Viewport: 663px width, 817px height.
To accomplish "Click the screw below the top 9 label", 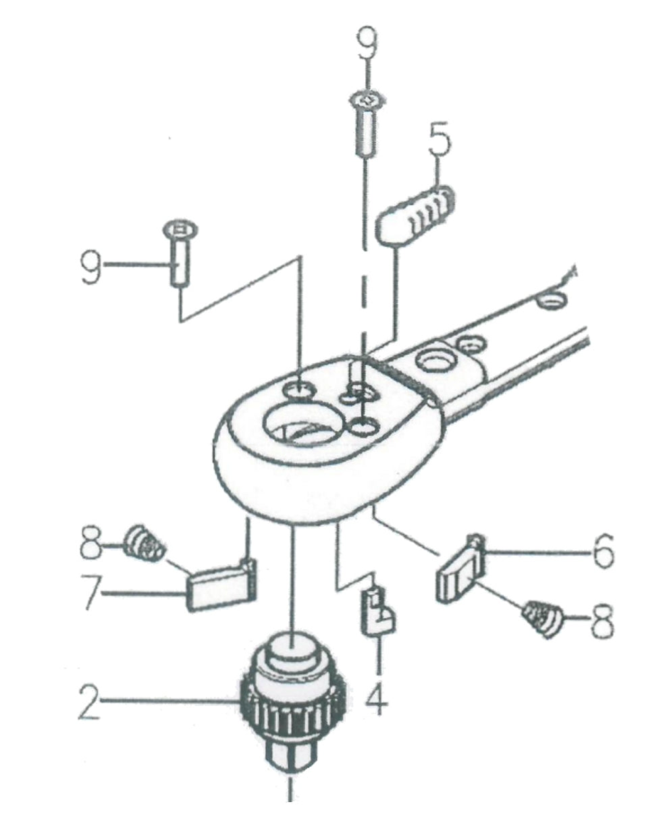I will click(365, 125).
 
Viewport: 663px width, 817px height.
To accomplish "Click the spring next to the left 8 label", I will click(146, 544).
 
